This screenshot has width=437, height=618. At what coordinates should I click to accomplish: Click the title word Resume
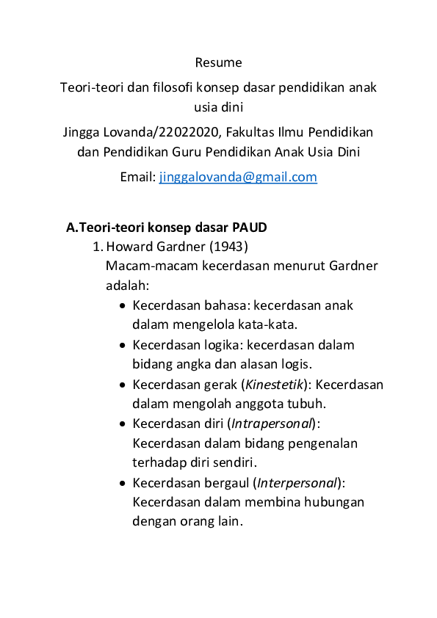click(x=218, y=62)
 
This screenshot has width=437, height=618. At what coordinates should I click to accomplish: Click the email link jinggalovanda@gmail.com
click(x=238, y=177)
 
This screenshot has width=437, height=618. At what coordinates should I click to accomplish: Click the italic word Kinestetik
click(x=271, y=385)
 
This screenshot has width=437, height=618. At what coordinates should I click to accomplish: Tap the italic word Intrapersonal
click(x=272, y=424)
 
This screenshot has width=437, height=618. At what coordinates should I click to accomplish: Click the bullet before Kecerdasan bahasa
click(x=122, y=305)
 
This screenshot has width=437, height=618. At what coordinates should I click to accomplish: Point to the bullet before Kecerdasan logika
click(x=122, y=345)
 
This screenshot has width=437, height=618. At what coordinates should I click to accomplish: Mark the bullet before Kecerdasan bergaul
click(x=122, y=484)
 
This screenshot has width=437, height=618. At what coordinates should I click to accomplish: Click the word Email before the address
click(x=137, y=177)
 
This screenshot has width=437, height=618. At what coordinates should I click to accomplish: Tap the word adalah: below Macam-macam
click(x=127, y=285)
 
